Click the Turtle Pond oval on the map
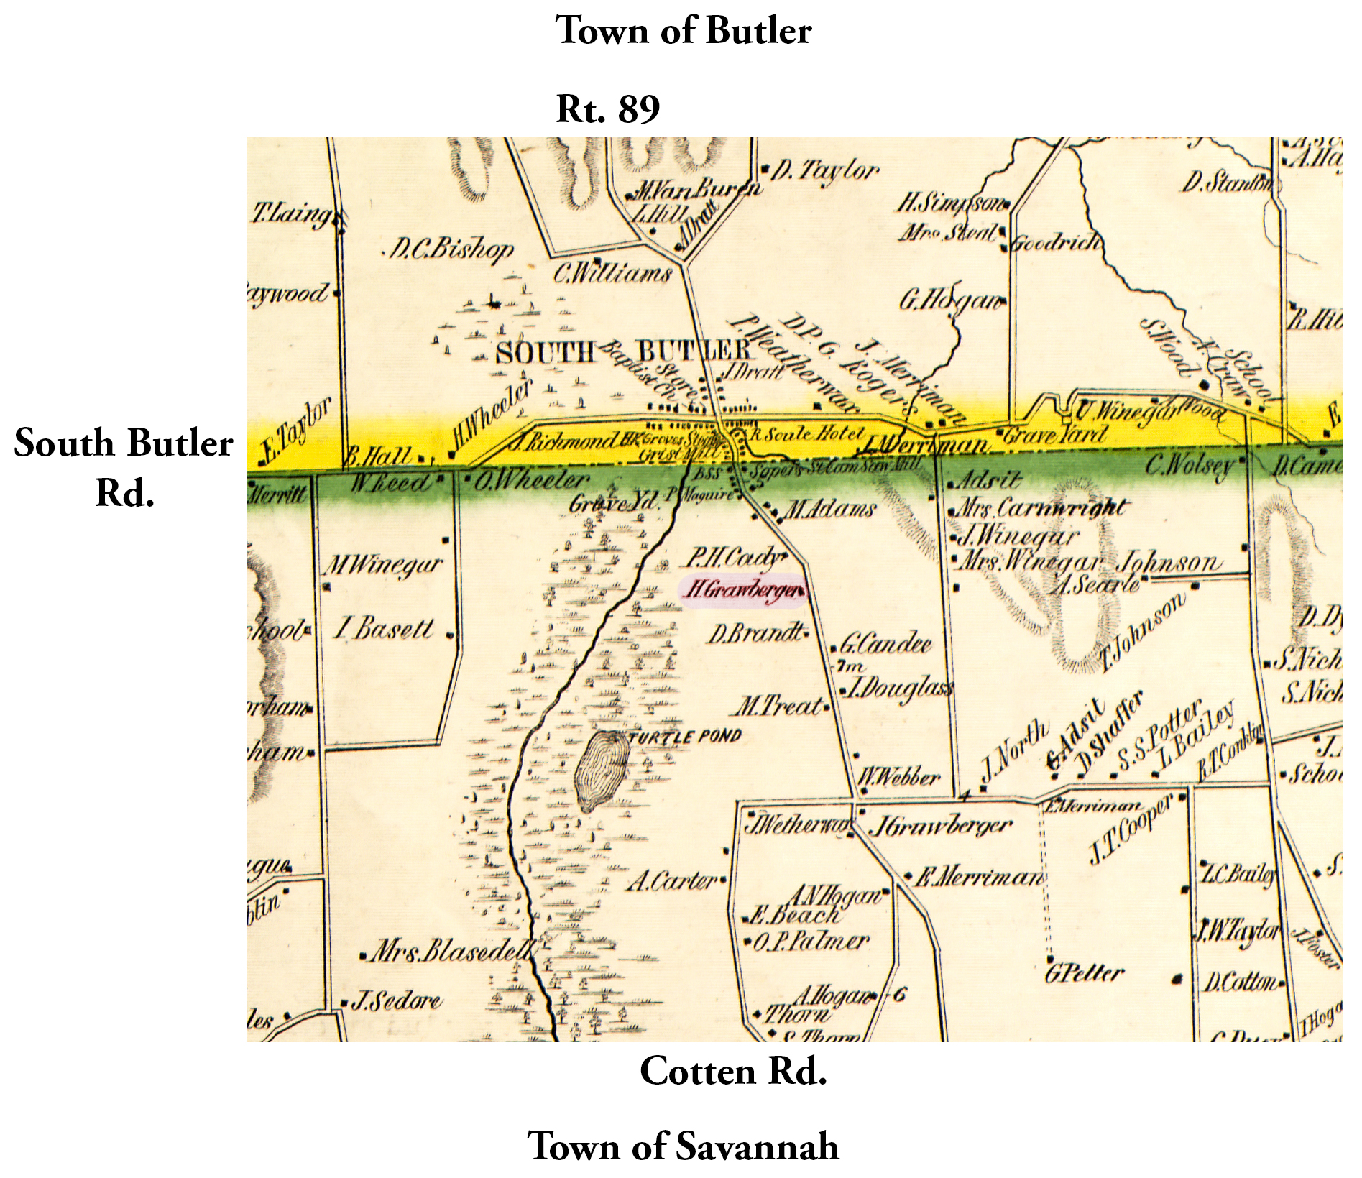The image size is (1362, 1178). tap(602, 770)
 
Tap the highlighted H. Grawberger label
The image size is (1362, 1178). tap(742, 590)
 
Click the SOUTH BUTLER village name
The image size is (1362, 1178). tap(622, 351)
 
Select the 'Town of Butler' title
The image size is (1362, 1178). tap(683, 32)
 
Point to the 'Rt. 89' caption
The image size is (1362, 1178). tap(607, 109)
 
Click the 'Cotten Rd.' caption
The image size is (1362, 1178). tap(733, 1072)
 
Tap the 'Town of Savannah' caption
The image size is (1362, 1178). tap(683, 1146)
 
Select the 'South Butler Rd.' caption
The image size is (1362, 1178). tap(124, 467)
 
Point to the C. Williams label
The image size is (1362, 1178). tap(612, 273)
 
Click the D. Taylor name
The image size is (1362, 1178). tap(824, 171)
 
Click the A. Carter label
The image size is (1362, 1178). tap(672, 880)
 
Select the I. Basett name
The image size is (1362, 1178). tap(384, 629)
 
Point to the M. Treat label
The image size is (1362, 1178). tap(778, 707)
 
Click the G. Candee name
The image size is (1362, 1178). tap(885, 643)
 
